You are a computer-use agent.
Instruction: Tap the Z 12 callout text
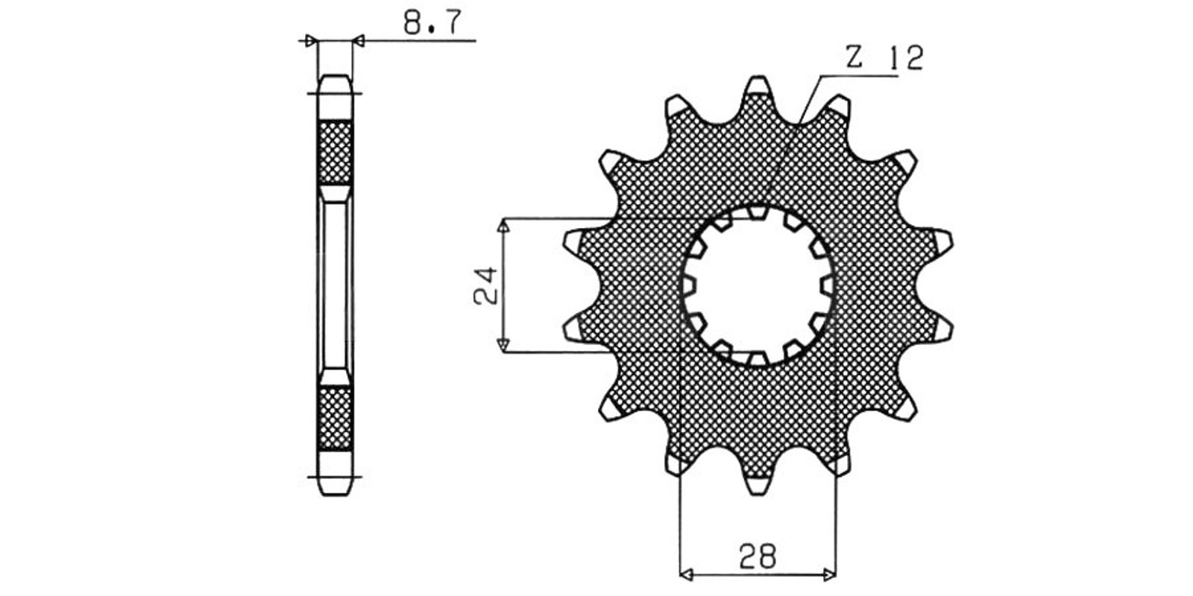[x=884, y=57]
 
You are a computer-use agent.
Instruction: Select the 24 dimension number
[x=485, y=286]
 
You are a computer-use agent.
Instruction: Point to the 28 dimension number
[x=758, y=556]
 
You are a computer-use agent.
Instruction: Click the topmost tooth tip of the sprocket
[x=758, y=77]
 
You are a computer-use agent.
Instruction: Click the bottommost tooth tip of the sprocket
[x=758, y=494]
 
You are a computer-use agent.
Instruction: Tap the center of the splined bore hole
[x=758, y=286]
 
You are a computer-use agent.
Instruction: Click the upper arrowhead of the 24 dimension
[x=503, y=226]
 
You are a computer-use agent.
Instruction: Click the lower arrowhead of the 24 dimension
[x=503, y=345]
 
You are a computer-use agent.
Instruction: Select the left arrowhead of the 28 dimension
[x=687, y=574]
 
